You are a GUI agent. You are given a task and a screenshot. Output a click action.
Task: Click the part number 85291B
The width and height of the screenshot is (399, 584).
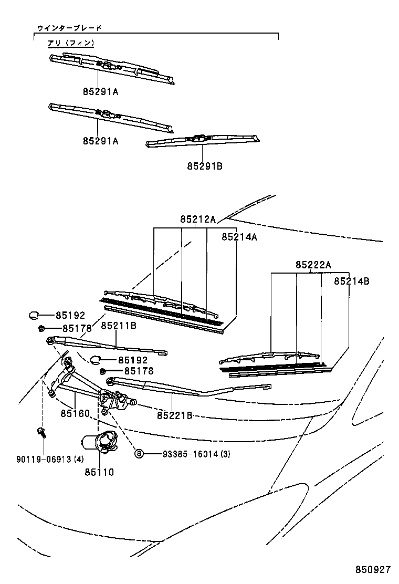point(205,166)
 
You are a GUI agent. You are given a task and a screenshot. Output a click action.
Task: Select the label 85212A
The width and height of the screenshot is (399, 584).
point(198,220)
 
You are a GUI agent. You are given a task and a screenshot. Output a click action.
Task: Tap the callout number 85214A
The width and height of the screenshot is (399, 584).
point(239,237)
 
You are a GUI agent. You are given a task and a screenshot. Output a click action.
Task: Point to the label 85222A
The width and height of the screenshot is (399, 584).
point(313,265)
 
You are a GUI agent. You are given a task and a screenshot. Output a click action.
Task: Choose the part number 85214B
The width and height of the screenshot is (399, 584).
point(351,281)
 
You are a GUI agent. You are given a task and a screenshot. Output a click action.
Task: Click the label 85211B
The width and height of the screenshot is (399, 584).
point(119,326)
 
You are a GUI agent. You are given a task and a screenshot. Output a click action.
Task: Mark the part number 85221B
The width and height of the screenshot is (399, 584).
point(174,415)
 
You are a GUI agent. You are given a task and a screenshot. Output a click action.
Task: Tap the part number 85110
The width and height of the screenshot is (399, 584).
point(99,472)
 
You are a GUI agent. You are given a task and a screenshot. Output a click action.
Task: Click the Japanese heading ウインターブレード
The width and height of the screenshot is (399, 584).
point(68,27)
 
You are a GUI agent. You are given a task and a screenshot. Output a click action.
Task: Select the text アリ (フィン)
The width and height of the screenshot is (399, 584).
point(70,43)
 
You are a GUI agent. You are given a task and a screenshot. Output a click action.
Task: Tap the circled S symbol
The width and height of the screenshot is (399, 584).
point(139,454)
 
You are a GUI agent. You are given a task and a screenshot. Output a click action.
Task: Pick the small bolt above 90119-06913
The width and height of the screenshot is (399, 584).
point(41,433)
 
